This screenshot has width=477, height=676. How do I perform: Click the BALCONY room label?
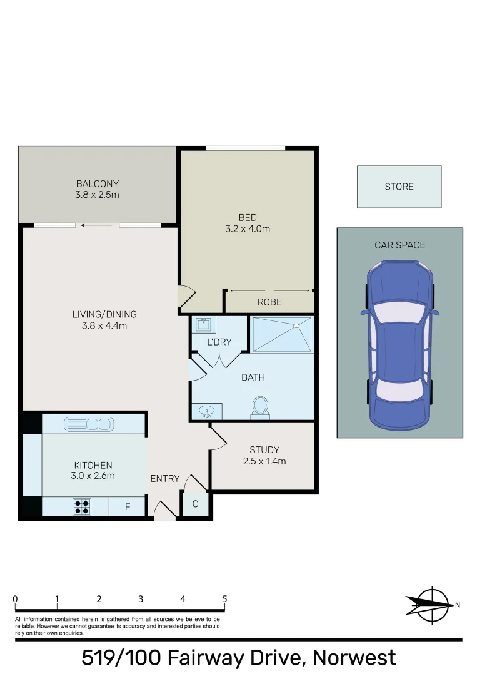[x=98, y=184]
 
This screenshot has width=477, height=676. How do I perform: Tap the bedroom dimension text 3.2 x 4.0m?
[x=248, y=228]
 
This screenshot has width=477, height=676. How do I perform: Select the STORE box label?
[x=399, y=187]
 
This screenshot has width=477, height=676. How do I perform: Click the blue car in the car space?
[x=399, y=345]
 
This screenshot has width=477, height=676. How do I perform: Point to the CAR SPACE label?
[x=399, y=245]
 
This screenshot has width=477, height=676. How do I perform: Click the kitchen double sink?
[x=88, y=424]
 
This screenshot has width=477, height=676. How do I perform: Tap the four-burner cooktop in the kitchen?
[x=81, y=506]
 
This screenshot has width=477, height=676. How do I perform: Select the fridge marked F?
[x=127, y=507]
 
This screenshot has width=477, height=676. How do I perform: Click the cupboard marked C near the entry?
[x=195, y=504]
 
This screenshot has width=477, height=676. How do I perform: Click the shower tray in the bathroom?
[x=281, y=334]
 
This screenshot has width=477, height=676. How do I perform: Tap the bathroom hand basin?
[x=206, y=411]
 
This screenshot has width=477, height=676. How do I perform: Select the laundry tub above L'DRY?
[x=203, y=325]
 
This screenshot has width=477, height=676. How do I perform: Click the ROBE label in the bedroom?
[x=269, y=302]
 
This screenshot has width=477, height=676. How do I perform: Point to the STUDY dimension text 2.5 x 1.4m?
[x=264, y=461]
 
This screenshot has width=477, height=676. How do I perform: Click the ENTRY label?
[x=165, y=478]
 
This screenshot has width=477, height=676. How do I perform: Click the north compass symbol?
[x=431, y=605]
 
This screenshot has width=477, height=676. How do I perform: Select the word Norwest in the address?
[x=354, y=658]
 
